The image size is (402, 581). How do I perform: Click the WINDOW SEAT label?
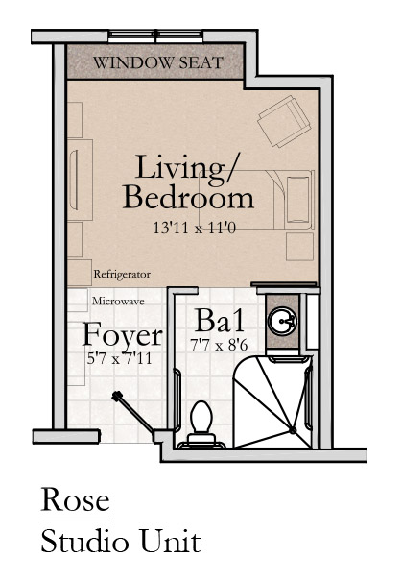(158, 62)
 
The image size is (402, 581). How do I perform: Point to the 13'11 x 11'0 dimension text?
(195, 228)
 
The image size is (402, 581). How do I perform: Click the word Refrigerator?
(122, 275)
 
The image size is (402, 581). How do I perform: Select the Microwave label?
(118, 301)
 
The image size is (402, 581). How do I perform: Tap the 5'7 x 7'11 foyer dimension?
(119, 358)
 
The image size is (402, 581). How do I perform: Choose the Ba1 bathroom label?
(220, 320)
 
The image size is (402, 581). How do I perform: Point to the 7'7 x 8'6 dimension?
(219, 346)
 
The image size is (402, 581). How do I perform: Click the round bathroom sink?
(282, 321)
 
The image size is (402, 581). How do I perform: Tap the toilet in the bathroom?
(201, 424)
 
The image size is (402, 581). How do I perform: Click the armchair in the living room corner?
(284, 121)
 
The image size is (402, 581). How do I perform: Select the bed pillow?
(298, 200)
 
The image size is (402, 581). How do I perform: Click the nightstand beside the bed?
(300, 247)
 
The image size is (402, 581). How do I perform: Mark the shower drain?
(293, 430)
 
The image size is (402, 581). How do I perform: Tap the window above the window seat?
(155, 36)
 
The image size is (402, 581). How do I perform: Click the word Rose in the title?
(75, 500)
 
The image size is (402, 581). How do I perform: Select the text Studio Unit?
(121, 542)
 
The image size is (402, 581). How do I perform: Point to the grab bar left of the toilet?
(178, 399)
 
